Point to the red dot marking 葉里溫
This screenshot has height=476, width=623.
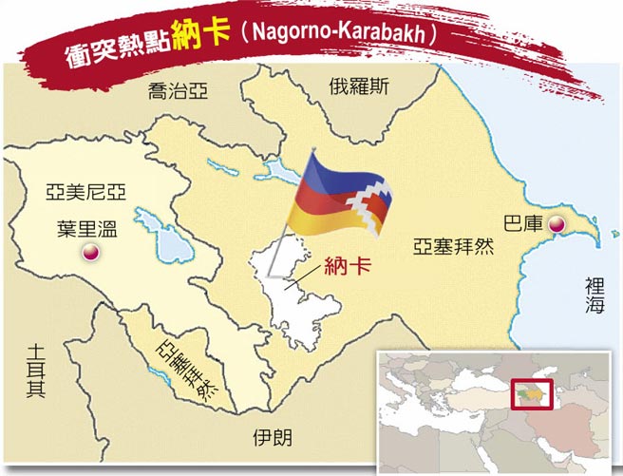[x=88, y=252]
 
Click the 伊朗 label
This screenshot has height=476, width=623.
[x=273, y=438]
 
